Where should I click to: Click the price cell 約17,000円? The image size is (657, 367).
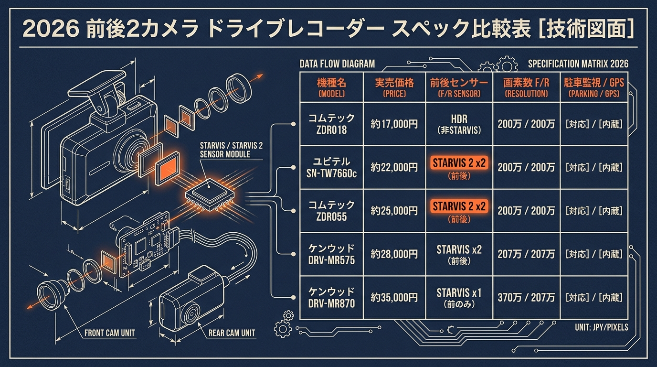click(394, 124)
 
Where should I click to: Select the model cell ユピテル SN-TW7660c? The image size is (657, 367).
click(331, 167)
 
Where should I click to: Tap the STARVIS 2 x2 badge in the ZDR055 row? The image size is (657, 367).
click(459, 206)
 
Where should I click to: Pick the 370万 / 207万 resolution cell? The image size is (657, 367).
click(526, 298)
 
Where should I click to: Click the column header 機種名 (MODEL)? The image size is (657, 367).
click(331, 87)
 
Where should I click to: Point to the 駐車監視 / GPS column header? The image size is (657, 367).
click(594, 87)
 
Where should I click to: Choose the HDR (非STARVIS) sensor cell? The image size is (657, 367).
click(459, 124)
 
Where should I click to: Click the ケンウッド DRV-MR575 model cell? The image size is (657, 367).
click(331, 254)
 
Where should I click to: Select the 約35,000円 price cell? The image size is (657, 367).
click(394, 298)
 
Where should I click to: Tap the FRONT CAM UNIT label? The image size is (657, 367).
click(110, 333)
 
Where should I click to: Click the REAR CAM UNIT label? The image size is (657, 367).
click(232, 333)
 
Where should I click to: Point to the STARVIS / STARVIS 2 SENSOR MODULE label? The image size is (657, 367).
click(231, 150)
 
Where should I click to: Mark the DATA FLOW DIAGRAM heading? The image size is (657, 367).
click(337, 64)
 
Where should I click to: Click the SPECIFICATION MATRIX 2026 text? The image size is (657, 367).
click(578, 64)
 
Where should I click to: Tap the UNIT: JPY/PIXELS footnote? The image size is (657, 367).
click(602, 327)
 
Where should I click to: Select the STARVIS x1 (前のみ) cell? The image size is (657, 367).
click(459, 298)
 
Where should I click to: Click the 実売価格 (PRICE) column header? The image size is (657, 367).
click(394, 87)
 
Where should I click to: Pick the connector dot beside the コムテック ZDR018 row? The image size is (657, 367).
click(293, 124)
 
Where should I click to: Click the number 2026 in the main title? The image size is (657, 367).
click(51, 29)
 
